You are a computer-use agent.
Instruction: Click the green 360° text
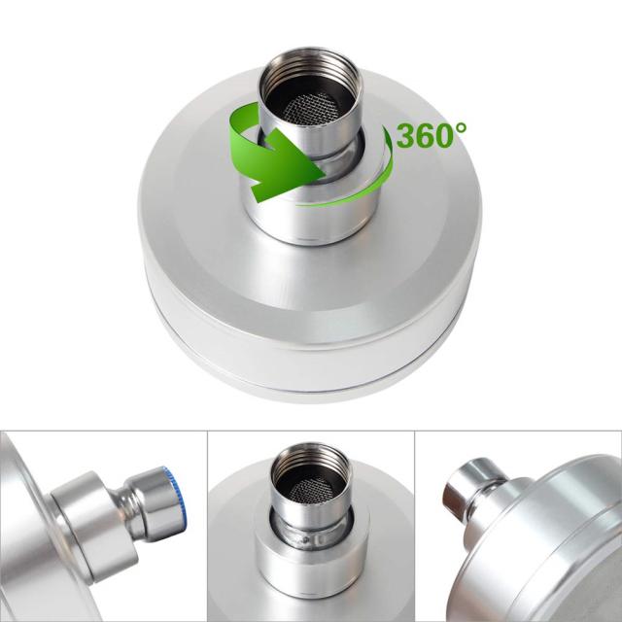point(431,135)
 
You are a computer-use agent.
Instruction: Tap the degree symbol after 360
point(461,127)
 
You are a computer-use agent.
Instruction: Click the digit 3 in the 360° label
point(405,136)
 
